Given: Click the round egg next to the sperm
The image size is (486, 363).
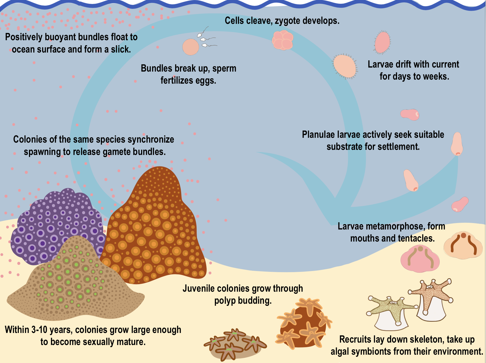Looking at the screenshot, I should (190, 47).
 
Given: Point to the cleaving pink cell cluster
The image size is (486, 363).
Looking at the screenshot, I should (282, 40).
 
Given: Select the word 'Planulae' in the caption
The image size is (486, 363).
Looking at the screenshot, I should (318, 135).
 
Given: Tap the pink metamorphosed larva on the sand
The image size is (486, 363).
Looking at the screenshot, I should (420, 259).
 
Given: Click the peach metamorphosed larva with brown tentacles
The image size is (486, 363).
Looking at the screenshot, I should (463, 245).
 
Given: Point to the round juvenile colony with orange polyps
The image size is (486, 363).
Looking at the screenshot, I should (303, 324).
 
